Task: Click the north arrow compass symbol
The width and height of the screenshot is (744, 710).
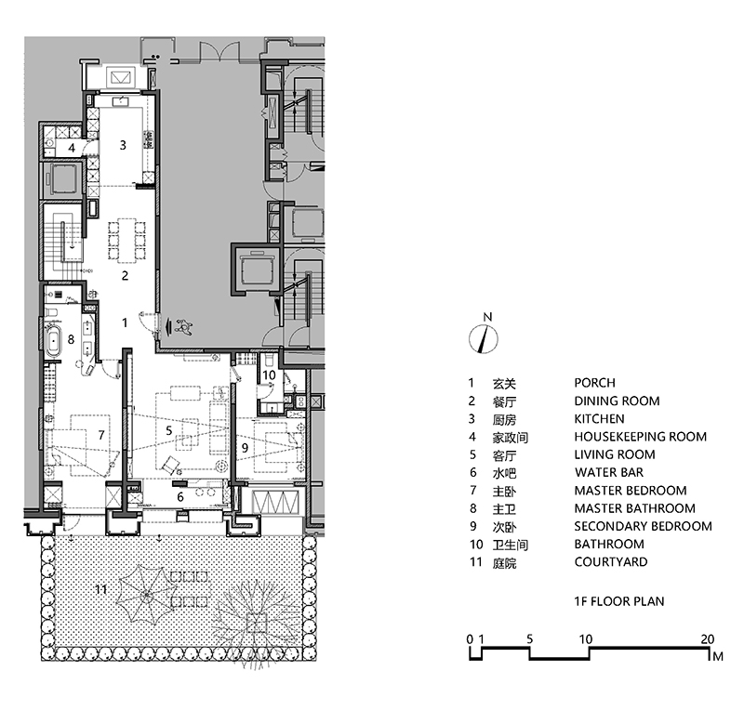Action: tap(484, 339)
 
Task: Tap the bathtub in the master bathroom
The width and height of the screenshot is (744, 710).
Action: tap(53, 339)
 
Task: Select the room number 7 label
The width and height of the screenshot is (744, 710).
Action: tap(100, 434)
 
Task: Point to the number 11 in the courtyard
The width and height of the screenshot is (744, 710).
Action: tap(101, 589)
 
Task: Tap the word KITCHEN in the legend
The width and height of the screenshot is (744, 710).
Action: tap(599, 419)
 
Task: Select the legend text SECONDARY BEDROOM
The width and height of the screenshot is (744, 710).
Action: tap(643, 526)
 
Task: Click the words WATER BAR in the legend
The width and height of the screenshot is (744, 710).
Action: tap(609, 472)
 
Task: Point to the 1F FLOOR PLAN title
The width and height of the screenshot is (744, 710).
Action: tap(619, 601)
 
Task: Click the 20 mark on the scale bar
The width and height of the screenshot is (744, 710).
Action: tap(707, 638)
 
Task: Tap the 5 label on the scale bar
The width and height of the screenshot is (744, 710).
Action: tap(529, 638)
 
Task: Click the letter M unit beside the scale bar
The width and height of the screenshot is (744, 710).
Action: tap(718, 656)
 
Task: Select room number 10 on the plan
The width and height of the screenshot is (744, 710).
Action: tap(269, 375)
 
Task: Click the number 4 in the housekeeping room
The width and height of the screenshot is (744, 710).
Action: tap(72, 148)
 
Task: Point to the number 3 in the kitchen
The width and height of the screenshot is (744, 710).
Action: tap(123, 145)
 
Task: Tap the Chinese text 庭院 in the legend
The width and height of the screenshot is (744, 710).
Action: tap(504, 563)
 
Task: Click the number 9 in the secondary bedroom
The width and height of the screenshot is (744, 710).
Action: tap(245, 447)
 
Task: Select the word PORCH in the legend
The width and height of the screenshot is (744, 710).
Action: tap(594, 383)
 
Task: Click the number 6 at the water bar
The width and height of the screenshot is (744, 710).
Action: tap(180, 496)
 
